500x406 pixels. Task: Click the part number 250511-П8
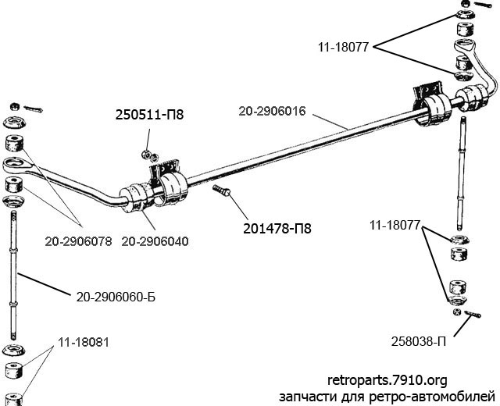pos(149,115)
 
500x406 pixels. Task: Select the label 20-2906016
pos(273,111)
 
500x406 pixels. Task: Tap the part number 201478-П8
pos(277,229)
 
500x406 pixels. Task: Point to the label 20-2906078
pos(78,241)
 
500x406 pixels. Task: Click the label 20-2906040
pos(155,241)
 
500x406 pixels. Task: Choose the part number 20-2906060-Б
pos(116,297)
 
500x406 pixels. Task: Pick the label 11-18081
pos(84,342)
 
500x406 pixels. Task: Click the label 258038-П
pos(419,342)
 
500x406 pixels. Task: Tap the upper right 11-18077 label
pos(343,47)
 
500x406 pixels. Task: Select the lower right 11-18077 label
pos(395,226)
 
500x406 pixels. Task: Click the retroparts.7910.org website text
pos(387,380)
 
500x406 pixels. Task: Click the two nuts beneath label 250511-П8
pos(150,155)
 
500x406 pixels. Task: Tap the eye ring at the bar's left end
pos(18,165)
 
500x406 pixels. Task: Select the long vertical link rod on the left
pos(13,276)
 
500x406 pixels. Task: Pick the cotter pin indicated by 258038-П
pos(473,314)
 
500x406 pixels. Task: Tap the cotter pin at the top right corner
pos(484,5)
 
